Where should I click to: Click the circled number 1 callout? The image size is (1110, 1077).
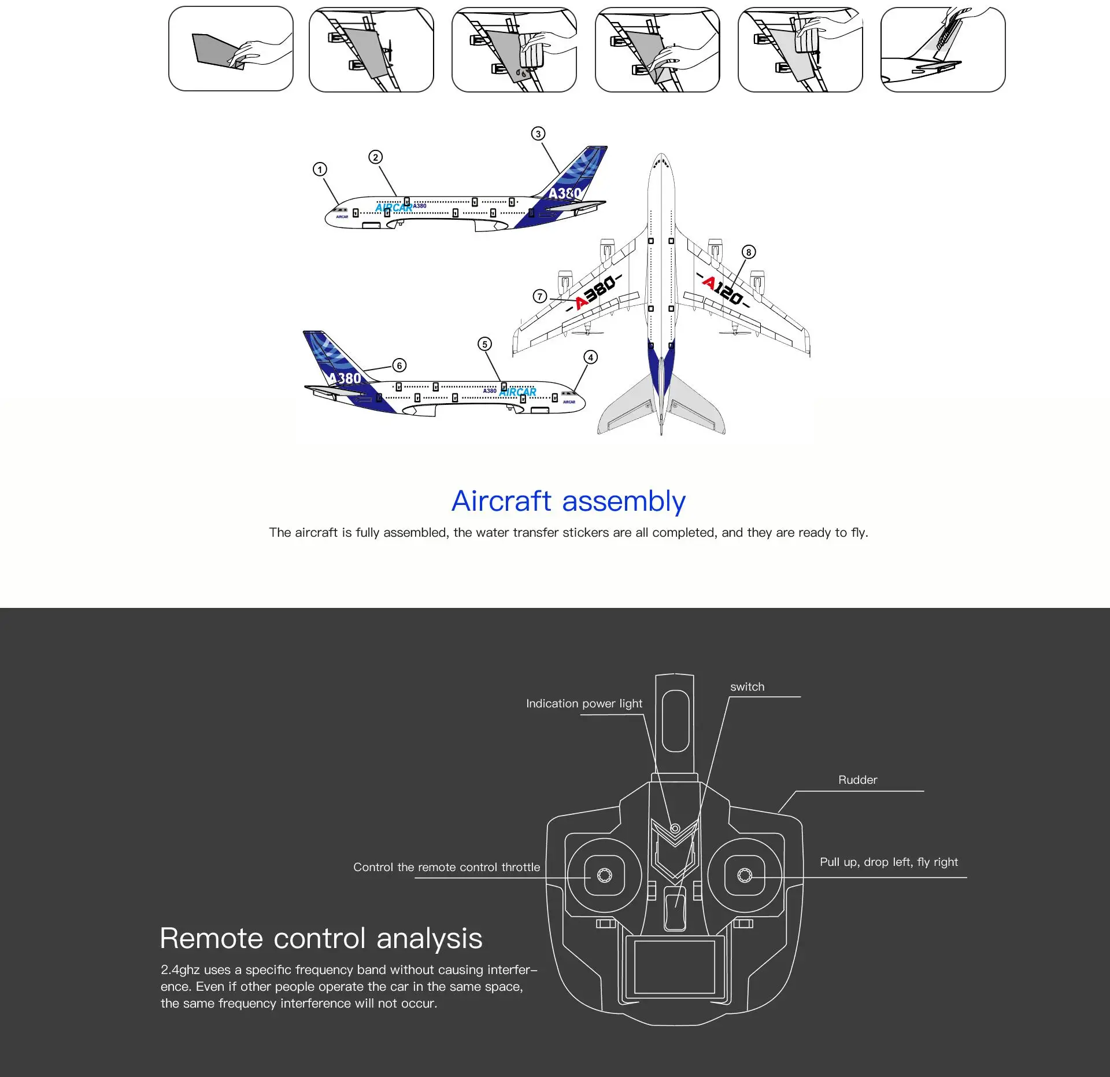click(320, 169)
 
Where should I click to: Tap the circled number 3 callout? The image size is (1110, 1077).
click(538, 134)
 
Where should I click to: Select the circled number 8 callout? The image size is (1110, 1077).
click(749, 252)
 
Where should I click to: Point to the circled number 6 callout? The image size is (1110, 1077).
click(399, 366)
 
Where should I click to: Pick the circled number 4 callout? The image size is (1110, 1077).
click(590, 357)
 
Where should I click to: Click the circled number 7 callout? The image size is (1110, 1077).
click(539, 297)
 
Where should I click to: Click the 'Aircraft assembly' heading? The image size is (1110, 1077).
click(568, 501)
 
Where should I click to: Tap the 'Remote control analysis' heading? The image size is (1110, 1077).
click(321, 938)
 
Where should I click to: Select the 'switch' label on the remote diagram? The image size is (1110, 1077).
click(747, 687)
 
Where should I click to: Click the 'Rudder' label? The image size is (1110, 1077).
click(857, 780)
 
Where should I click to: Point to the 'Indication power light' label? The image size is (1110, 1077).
click(584, 704)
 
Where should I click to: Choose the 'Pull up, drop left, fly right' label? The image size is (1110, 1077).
click(889, 862)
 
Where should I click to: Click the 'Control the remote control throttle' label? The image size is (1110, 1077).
click(446, 868)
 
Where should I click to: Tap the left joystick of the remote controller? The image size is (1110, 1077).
click(604, 876)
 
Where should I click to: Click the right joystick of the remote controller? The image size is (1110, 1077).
click(745, 876)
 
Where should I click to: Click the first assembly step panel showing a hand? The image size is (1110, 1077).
click(231, 49)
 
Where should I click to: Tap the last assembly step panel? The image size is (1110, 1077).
click(942, 49)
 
